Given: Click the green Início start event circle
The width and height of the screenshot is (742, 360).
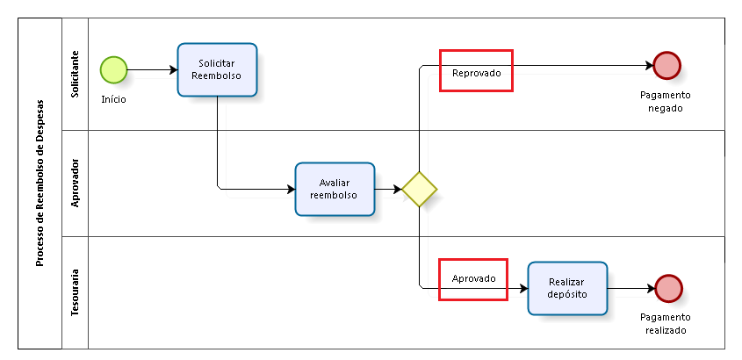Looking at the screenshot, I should tap(113, 69).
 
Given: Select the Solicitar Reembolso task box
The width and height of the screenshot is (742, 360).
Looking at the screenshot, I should tap(217, 69).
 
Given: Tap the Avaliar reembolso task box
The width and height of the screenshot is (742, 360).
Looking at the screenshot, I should tap(335, 189).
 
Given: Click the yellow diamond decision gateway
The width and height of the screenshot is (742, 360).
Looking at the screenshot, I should tap(420, 189).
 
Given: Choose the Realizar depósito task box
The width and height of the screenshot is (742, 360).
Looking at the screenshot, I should tap(566, 288).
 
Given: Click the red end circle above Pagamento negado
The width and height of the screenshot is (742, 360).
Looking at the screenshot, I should tap(667, 65).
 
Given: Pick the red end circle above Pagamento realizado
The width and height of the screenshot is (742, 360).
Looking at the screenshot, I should tap(668, 288).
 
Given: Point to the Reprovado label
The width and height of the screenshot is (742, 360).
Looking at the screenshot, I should tap(476, 73).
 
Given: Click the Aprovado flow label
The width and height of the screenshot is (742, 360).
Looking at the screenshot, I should tap(473, 278).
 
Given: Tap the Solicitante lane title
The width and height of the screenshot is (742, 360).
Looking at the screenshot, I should tap(76, 74).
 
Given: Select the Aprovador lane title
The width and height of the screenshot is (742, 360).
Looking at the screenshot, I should tap(76, 183).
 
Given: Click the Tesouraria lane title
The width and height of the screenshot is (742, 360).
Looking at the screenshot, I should tap(76, 292).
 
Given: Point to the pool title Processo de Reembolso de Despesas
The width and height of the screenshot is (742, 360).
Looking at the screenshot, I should tap(40, 183).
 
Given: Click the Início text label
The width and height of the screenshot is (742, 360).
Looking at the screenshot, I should tap(113, 99).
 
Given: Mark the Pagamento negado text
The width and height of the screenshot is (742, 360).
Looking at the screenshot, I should tap(665, 101).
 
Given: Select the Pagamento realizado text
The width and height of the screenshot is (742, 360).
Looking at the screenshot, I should tap(665, 323).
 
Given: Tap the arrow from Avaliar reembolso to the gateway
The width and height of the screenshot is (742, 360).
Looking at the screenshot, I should tap(388, 189).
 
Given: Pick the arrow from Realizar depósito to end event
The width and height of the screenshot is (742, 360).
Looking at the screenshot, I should tap(630, 288).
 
